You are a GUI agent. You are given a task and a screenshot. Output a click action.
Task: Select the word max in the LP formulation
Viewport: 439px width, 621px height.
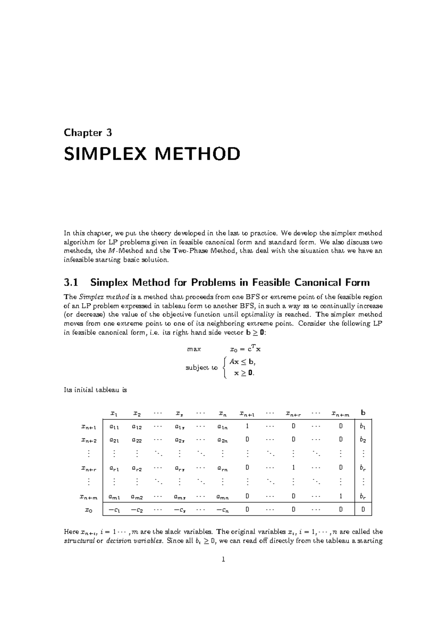[x=194, y=349]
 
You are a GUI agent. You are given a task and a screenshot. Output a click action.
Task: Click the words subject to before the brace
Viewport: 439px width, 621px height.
[x=201, y=368]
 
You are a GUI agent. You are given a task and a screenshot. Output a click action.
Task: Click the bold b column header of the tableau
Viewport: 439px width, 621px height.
[x=363, y=413]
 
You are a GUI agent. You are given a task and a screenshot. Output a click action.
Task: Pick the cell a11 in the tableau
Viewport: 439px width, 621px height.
[x=114, y=426]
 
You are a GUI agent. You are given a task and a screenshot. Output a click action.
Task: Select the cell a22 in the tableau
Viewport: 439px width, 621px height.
[x=137, y=440]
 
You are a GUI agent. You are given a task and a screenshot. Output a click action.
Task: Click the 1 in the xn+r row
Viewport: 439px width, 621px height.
[x=293, y=468]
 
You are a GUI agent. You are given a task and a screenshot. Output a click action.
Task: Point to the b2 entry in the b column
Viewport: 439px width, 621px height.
[x=363, y=440]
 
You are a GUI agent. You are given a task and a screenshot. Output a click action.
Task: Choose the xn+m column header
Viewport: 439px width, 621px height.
[x=340, y=414]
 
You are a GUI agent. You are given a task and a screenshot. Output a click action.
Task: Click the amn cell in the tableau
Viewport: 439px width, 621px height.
[x=222, y=497]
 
